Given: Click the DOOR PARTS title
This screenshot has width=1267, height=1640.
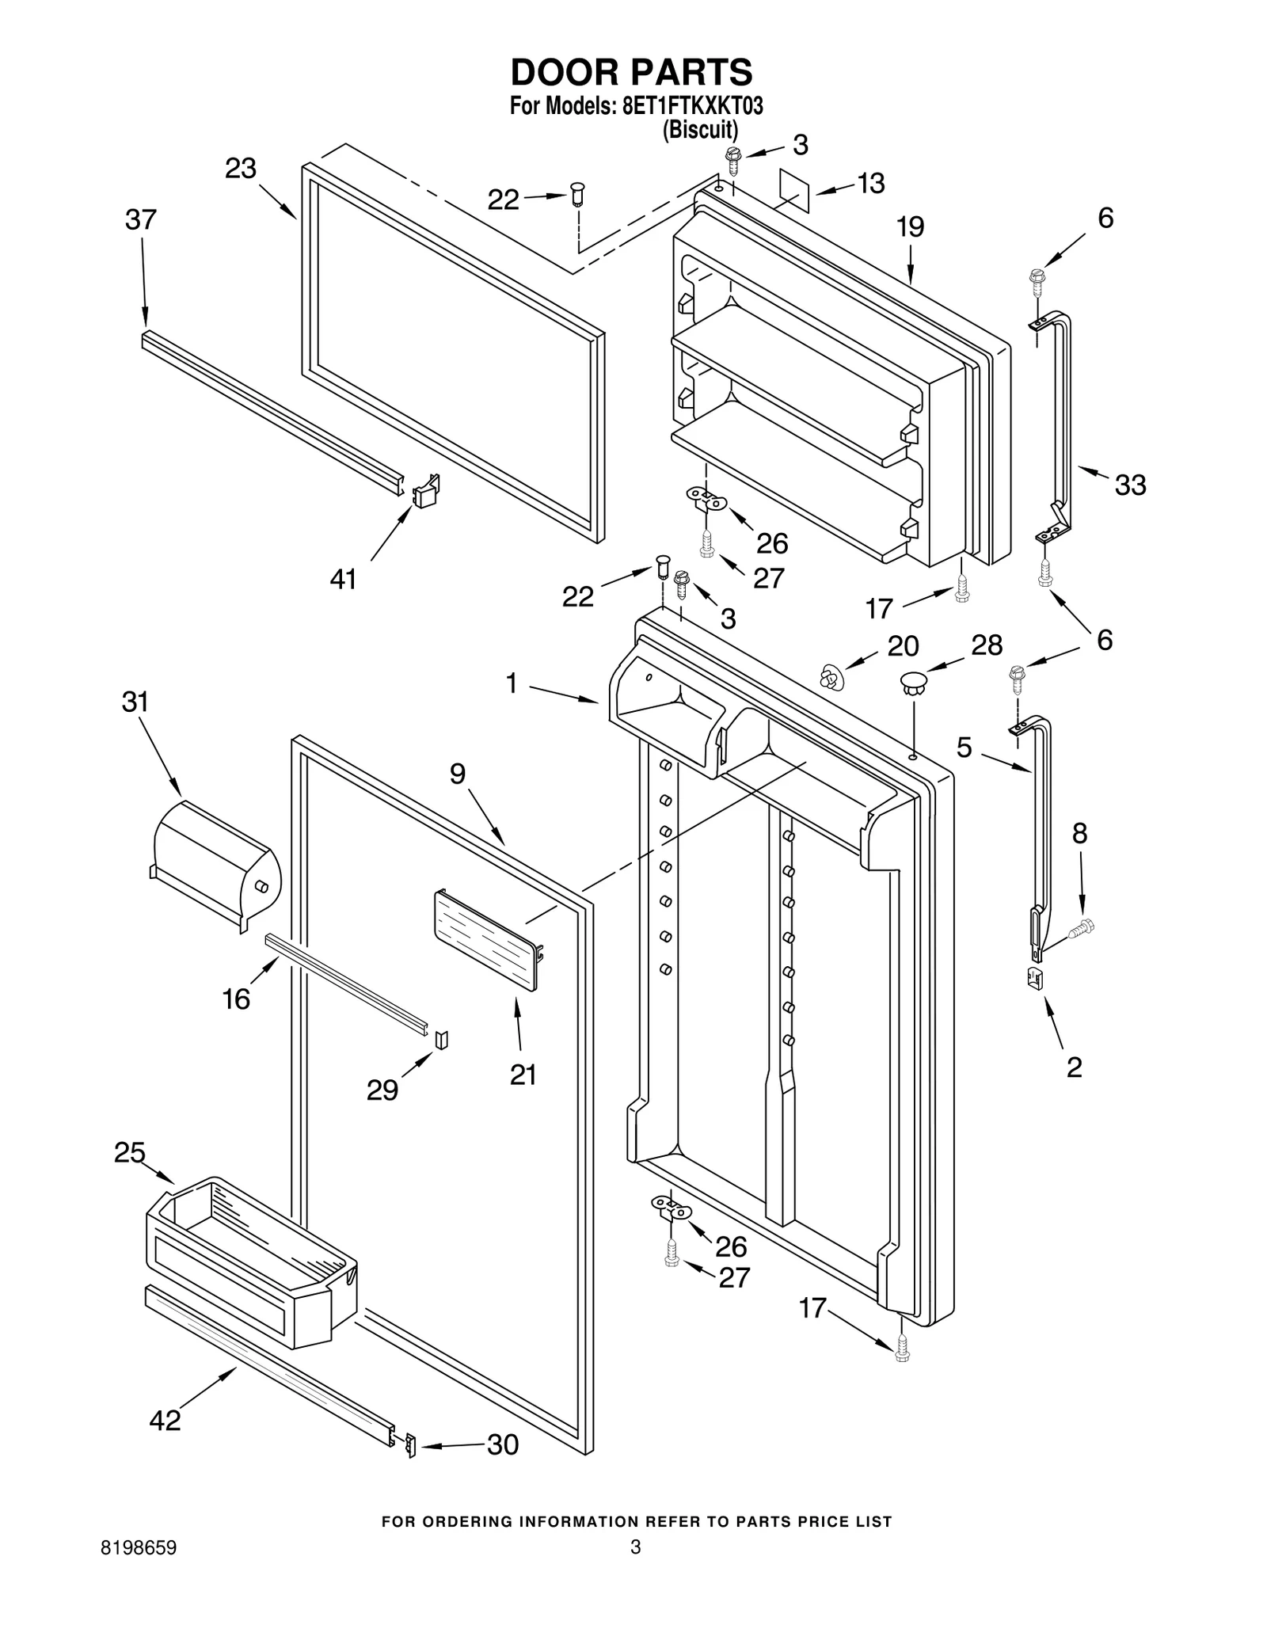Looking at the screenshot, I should [x=631, y=72].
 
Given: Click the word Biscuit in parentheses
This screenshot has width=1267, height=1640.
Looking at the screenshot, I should [x=700, y=129].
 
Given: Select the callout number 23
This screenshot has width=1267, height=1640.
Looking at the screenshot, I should [x=241, y=168].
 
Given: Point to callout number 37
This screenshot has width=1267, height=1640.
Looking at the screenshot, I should [x=141, y=219].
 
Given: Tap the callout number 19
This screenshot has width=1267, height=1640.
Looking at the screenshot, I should [x=911, y=227].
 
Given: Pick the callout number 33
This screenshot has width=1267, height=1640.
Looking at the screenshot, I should [x=1130, y=485].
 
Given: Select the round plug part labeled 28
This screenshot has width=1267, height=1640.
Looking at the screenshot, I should [x=914, y=683].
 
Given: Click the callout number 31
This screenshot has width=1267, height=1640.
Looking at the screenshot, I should [x=135, y=702].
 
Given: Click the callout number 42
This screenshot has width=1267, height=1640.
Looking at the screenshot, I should [x=166, y=1421].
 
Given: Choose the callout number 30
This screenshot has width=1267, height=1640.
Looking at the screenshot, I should [x=502, y=1444].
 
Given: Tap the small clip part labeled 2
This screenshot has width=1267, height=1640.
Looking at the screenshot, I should [x=1034, y=979].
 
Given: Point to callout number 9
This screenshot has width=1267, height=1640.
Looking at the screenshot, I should [x=458, y=773].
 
